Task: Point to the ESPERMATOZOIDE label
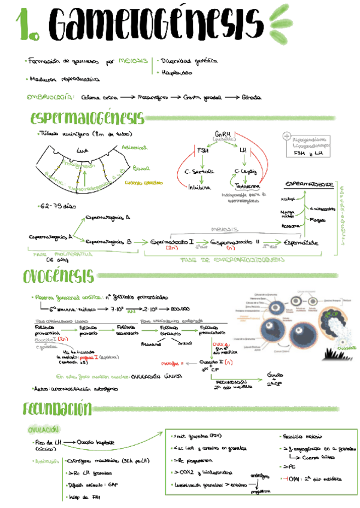[x=309, y=183]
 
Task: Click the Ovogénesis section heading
[x=59, y=276]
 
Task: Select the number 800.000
[x=181, y=310]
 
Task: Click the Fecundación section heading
[x=58, y=409]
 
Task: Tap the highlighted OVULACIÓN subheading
[x=44, y=429]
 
